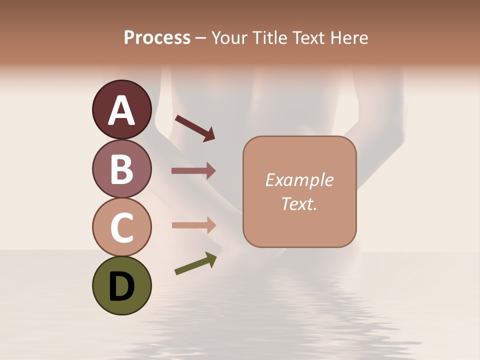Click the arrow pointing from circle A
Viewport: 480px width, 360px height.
click(x=195, y=127)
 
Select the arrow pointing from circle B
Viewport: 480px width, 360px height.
click(x=193, y=171)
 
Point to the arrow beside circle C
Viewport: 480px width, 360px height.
click(x=193, y=225)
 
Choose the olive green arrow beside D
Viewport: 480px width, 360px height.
click(x=195, y=263)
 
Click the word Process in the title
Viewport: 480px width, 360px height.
click(x=157, y=38)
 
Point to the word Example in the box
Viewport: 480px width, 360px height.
click(x=299, y=180)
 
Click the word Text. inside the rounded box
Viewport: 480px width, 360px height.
click(x=299, y=203)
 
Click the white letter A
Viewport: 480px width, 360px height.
click(x=121, y=110)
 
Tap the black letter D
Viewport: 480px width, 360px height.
click(x=121, y=286)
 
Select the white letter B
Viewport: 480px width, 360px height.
click(x=121, y=169)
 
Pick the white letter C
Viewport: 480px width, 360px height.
click(x=121, y=228)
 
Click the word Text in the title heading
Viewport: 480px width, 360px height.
click(x=310, y=38)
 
